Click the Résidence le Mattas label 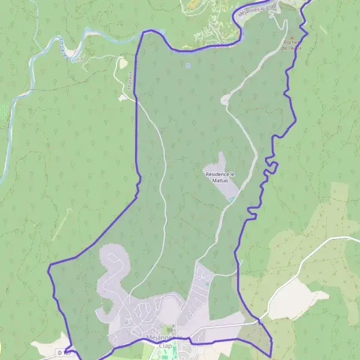221,177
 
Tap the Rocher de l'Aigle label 292,46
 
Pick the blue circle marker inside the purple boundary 188,66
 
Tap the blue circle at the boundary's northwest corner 163,32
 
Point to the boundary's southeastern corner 272,355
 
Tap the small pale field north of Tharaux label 122,63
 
